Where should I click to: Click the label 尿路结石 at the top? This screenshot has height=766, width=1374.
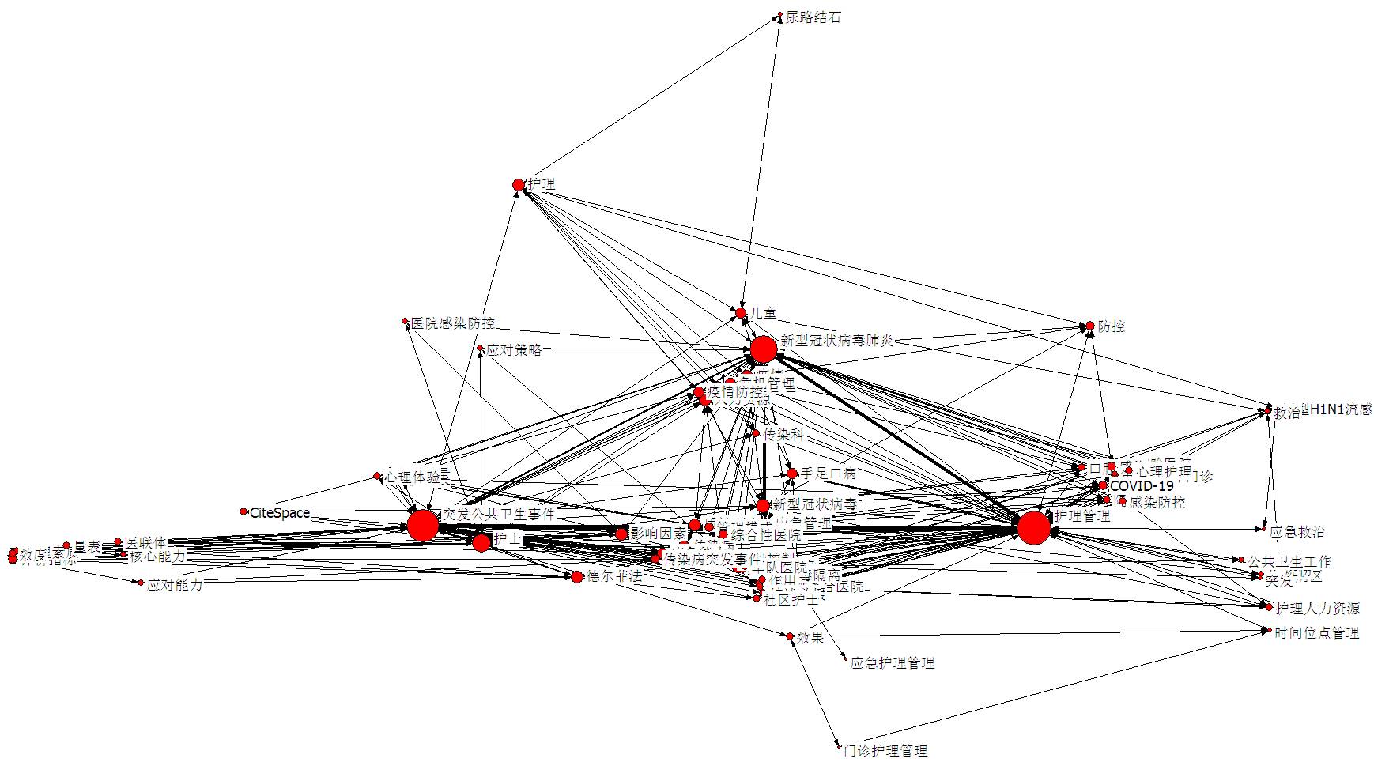(x=813, y=17)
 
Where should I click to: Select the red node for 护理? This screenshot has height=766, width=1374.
(x=519, y=185)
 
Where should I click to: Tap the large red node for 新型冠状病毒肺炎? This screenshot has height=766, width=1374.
(x=764, y=349)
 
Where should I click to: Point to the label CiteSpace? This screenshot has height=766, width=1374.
(x=280, y=513)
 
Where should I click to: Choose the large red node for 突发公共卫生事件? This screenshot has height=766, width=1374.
(x=423, y=526)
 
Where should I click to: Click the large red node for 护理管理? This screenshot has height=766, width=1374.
(x=1033, y=528)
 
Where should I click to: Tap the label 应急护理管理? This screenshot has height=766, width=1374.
(x=893, y=662)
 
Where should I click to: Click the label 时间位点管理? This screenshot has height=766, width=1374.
(x=1317, y=632)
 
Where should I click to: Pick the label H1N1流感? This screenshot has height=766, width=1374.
(x=1342, y=409)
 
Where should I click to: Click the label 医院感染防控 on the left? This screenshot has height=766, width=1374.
(x=453, y=323)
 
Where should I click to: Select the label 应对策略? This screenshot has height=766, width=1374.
(x=515, y=349)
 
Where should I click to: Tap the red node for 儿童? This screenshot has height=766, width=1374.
(x=741, y=313)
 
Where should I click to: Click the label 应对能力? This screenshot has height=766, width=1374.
(x=175, y=585)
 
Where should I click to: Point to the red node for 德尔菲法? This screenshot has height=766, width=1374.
(x=577, y=577)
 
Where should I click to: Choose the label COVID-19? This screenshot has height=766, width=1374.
(x=1142, y=485)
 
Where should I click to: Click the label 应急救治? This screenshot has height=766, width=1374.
(x=1297, y=531)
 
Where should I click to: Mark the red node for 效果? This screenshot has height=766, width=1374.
(x=789, y=636)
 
